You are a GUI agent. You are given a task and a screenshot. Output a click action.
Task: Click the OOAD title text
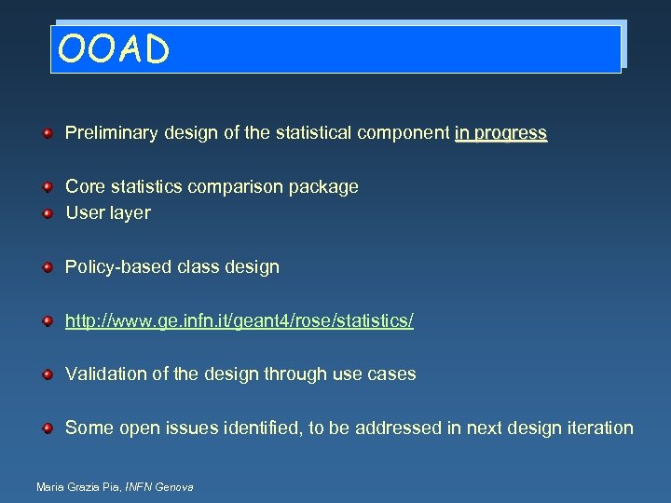(x=113, y=49)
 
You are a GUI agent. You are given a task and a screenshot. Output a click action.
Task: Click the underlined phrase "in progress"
(x=500, y=133)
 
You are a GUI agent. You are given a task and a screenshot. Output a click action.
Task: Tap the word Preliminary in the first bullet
(x=110, y=133)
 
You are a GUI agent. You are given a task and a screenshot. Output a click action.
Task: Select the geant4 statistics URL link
(x=240, y=321)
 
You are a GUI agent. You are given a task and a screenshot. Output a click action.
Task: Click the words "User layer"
(x=107, y=213)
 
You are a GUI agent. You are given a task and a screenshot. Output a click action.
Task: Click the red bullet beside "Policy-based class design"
(x=47, y=268)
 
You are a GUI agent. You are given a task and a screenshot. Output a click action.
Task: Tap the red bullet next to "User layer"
(x=47, y=213)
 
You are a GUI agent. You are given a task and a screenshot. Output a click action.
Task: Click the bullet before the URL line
(x=47, y=321)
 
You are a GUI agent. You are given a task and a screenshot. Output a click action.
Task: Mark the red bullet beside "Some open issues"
(x=47, y=428)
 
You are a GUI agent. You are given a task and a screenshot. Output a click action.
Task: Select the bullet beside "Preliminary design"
(x=47, y=134)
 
